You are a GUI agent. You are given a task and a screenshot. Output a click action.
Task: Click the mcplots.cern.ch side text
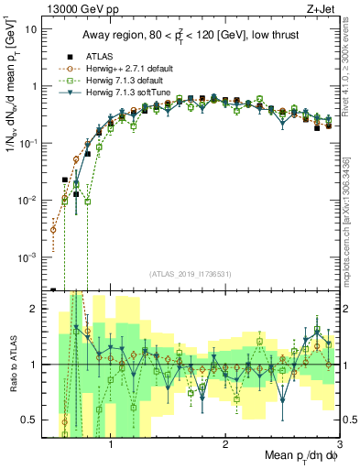tap(352, 229)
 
